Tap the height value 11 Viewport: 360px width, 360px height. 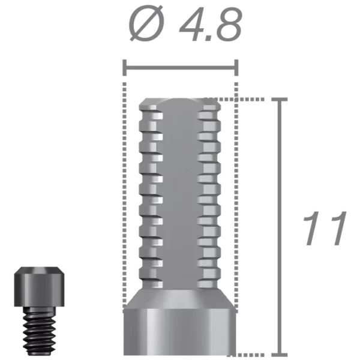[325, 228]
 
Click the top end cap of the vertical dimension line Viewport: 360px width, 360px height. [280, 98]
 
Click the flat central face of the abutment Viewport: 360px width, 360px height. [180, 192]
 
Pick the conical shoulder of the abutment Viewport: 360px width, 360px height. [180, 298]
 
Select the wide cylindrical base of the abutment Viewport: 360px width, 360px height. [180, 333]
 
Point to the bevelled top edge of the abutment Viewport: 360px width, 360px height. [180, 100]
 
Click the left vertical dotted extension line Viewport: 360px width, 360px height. [124, 210]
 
